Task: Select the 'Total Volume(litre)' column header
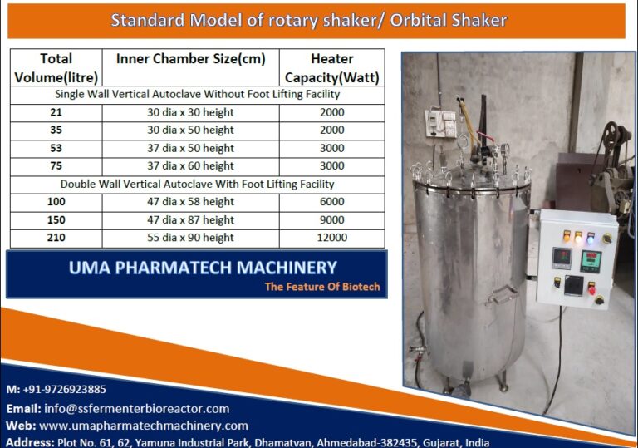point(56,68)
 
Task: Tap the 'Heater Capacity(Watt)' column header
point(331,68)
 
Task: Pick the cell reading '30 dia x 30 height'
point(190,112)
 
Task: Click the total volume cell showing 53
point(56,148)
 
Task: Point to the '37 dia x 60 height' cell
point(190,165)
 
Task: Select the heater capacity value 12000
point(331,238)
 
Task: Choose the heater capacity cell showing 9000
point(331,219)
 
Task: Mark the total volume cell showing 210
point(56,238)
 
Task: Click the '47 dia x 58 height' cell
point(190,202)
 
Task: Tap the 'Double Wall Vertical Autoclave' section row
point(197,184)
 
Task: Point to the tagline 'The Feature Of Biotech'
point(322,287)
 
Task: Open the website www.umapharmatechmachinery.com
point(143,426)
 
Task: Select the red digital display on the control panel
point(562,258)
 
